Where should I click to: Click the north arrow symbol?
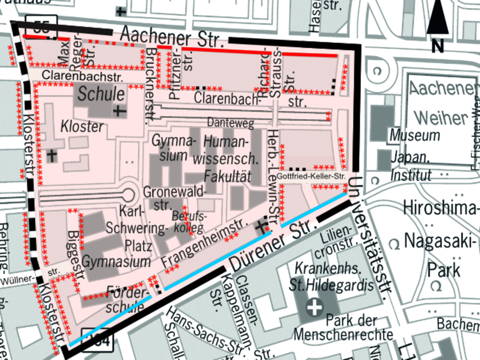437,23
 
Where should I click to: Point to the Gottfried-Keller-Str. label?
311,177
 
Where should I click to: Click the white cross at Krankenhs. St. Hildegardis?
314,308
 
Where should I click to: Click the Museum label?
414,135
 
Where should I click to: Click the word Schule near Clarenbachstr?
101,94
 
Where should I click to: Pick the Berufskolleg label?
188,222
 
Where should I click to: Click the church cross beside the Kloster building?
52,154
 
